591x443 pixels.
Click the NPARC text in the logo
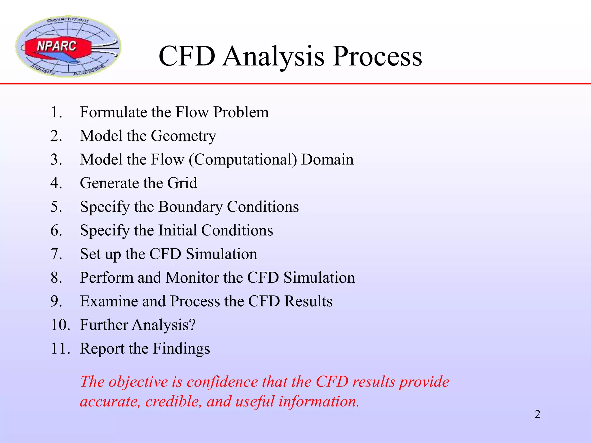(x=57, y=46)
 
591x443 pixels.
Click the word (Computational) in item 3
(x=243, y=160)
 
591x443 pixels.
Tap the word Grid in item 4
(x=182, y=183)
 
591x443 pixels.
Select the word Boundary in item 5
(x=190, y=207)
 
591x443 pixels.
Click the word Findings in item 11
(x=181, y=349)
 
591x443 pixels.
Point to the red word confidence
(x=222, y=382)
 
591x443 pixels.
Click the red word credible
(x=173, y=401)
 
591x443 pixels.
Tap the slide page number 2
(x=537, y=414)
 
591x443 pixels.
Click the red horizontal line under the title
(x=295, y=84)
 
